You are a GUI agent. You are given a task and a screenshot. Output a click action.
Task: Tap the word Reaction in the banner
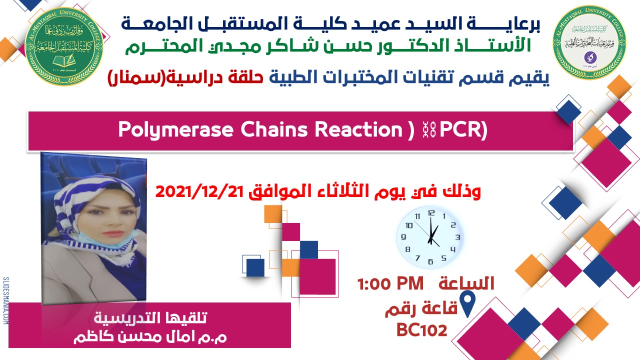click(356, 129)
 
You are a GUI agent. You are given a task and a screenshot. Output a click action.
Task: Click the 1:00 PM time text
click(390, 284)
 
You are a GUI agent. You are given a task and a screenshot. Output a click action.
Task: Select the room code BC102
click(421, 329)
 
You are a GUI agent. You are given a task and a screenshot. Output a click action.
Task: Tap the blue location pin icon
click(466, 305)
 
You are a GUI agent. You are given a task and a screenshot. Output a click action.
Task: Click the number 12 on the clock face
click(431, 212)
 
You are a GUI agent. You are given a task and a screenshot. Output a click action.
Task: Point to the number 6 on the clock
click(430, 260)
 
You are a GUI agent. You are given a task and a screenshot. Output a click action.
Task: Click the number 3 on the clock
click(456, 237)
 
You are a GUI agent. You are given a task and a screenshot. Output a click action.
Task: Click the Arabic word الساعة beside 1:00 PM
click(466, 283)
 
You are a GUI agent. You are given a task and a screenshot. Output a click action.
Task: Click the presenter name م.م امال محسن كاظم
click(149, 336)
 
